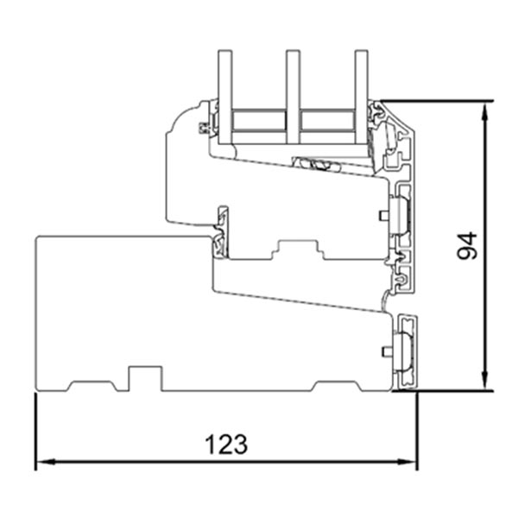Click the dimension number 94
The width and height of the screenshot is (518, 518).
coord(467,246)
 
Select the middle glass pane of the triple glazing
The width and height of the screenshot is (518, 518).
coord(293,95)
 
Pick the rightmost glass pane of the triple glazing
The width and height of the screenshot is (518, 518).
coord(361,95)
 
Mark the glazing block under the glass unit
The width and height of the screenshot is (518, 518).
coord(314,162)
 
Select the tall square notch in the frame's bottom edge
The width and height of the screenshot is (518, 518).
coord(145,378)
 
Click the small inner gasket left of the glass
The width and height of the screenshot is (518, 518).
coord(205,129)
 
